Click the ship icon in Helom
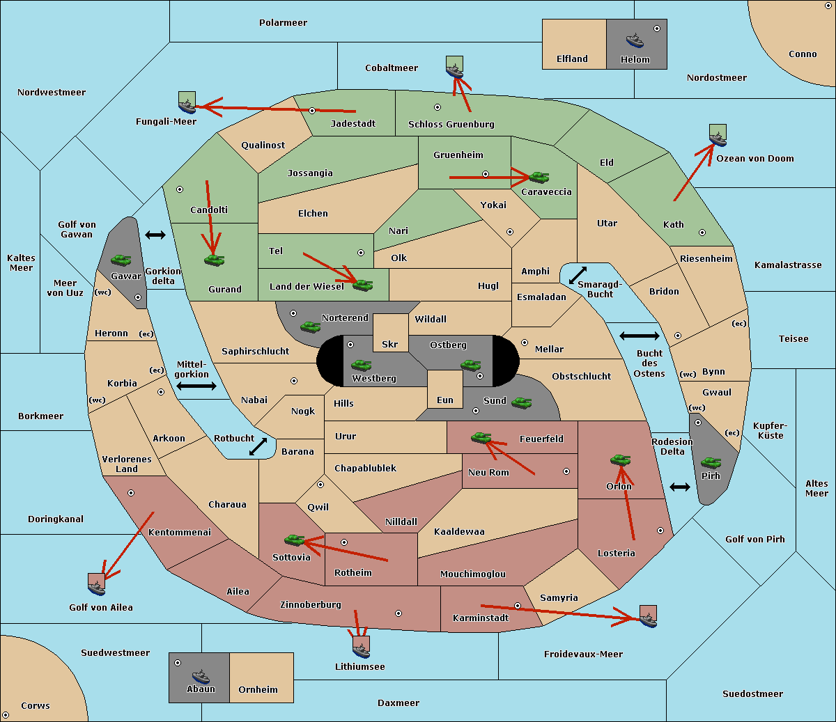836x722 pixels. [635, 40]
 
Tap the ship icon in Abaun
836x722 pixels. [201, 677]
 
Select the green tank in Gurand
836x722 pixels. [214, 260]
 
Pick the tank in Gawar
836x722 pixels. [121, 260]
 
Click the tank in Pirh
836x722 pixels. [711, 462]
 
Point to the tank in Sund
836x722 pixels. [521, 402]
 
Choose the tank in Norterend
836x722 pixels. [310, 327]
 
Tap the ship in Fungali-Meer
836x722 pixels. [187, 106]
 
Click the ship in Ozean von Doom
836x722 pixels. [718, 139]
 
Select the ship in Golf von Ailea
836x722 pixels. [96, 588]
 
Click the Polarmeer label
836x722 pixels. [283, 23]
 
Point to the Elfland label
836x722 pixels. [572, 58]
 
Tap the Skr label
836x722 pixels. [390, 344]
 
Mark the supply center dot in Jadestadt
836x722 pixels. [312, 111]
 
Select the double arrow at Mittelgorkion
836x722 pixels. [196, 386]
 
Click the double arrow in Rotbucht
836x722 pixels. [258, 446]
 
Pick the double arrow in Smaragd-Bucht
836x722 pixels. [578, 275]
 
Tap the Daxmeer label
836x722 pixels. [398, 703]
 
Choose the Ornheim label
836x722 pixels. [258, 689]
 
